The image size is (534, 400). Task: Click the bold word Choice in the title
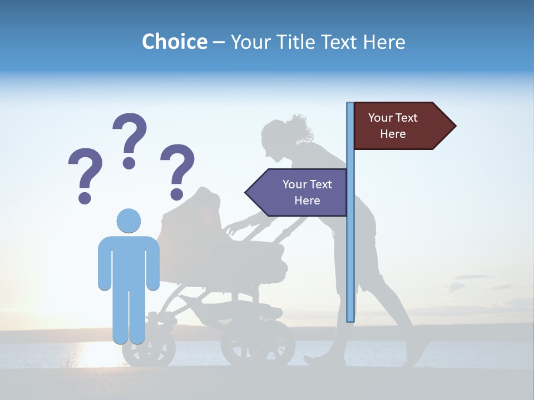click(174, 42)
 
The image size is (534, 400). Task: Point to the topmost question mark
click(130, 139)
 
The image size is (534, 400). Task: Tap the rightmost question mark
click(177, 171)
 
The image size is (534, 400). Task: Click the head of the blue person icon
click(128, 221)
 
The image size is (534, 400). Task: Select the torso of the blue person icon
click(128, 261)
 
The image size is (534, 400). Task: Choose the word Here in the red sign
click(393, 134)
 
